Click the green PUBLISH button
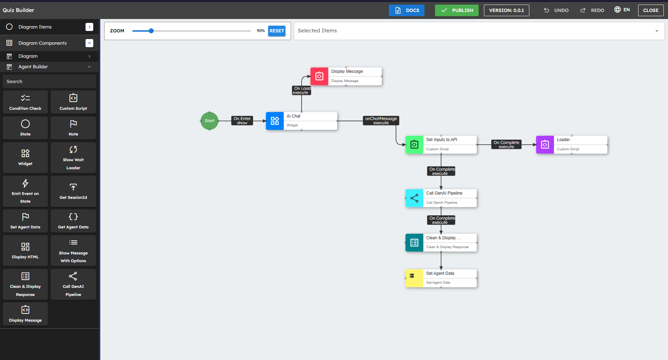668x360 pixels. pyautogui.click(x=456, y=10)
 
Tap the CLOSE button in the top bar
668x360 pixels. pyautogui.click(x=650, y=10)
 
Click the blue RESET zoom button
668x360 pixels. pyautogui.click(x=277, y=31)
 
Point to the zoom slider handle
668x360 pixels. pyautogui.click(x=151, y=31)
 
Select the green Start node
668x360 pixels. pyautogui.click(x=209, y=121)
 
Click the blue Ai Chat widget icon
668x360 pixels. pyautogui.click(x=275, y=121)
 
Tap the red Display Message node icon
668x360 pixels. pyautogui.click(x=319, y=76)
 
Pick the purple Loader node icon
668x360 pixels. pyautogui.click(x=545, y=145)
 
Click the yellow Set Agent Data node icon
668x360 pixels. pyautogui.click(x=414, y=278)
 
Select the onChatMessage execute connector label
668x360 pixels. pyautogui.click(x=381, y=121)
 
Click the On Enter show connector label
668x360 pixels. pyautogui.click(x=242, y=121)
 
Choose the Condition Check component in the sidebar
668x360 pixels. pyautogui.click(x=25, y=102)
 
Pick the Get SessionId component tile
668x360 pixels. pyautogui.click(x=73, y=191)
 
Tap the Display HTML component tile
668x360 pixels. pyautogui.click(x=25, y=251)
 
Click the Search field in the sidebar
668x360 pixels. pyautogui.click(x=49, y=81)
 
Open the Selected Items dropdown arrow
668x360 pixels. pyautogui.click(x=656, y=31)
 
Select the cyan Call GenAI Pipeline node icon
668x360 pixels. pyautogui.click(x=414, y=198)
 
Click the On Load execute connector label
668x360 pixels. pyautogui.click(x=302, y=90)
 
